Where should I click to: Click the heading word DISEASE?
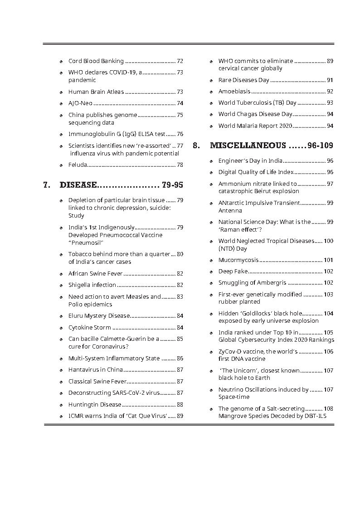(78, 185)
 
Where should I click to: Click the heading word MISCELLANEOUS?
(248, 145)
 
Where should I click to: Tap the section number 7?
(46, 185)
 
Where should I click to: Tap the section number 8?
(196, 145)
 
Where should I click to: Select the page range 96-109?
(320, 145)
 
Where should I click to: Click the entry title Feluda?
(78, 165)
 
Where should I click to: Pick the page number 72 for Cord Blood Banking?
(180, 61)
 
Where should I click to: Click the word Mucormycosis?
(238, 260)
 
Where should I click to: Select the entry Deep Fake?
(233, 271)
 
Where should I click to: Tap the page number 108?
(328, 408)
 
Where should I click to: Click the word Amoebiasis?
(234, 92)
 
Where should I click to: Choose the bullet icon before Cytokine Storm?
(62, 328)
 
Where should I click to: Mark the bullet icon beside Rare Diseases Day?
(212, 80)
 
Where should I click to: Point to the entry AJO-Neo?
(80, 103)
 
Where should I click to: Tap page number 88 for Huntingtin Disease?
(180, 404)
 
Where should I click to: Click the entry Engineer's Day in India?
(250, 161)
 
